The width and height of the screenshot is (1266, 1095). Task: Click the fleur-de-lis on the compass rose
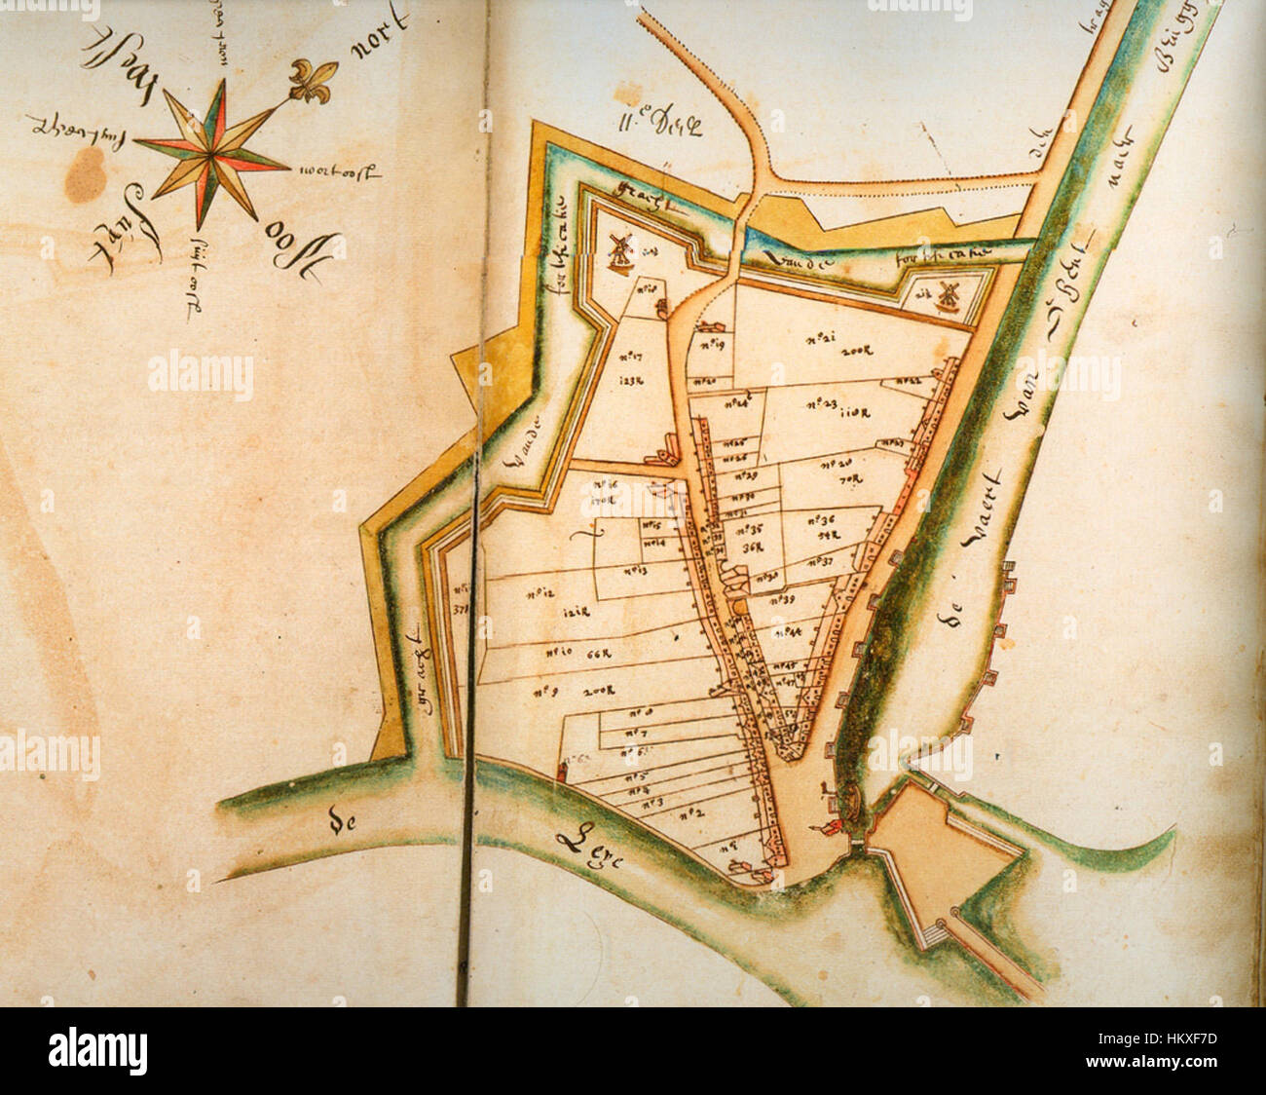(314, 80)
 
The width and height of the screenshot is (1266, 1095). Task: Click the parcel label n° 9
(546, 691)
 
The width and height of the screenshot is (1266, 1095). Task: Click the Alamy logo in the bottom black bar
(97, 1051)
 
